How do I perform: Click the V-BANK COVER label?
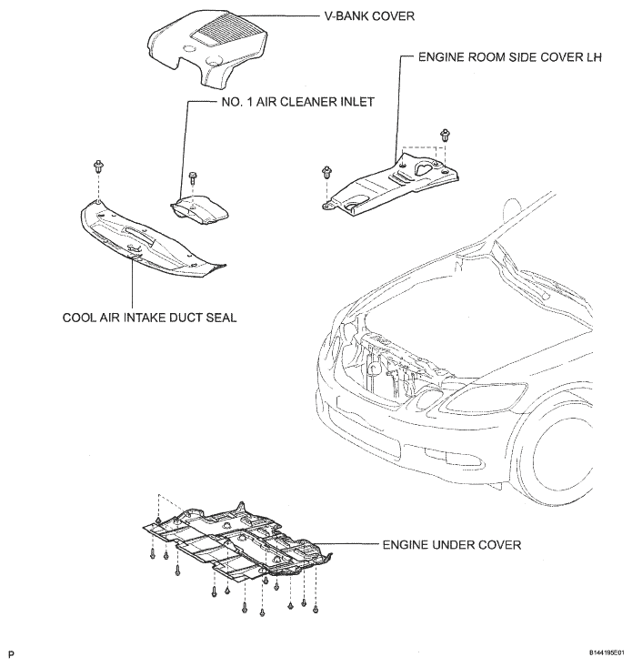369,16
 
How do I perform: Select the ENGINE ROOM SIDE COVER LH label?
509,57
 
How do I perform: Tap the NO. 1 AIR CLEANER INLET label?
298,102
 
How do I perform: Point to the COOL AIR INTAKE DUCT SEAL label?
149,318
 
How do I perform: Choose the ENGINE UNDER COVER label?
451,545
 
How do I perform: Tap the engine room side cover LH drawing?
389,183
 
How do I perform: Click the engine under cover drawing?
236,542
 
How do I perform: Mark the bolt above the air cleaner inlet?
191,177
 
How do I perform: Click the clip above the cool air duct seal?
99,167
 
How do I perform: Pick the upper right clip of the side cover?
445,136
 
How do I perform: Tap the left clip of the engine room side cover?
326,173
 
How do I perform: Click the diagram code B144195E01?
607,652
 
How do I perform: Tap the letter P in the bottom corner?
11,654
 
